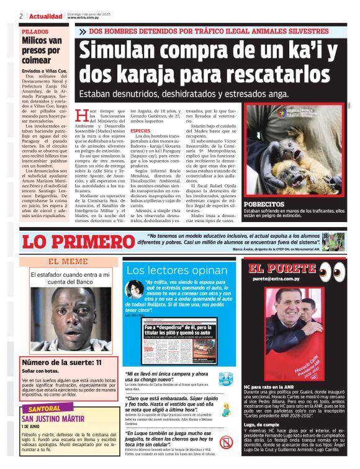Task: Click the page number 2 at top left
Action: (21, 16)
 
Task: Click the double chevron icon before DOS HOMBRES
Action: (83, 31)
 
